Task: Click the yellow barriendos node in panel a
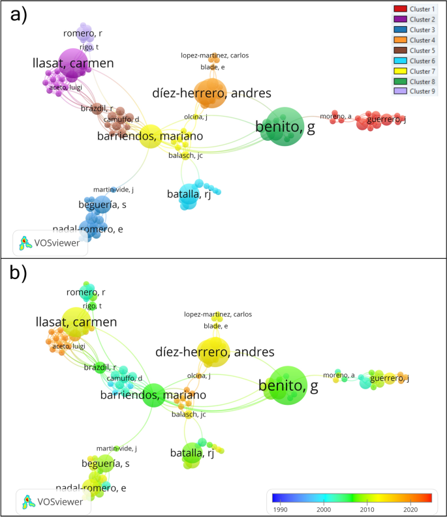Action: pyautogui.click(x=150, y=136)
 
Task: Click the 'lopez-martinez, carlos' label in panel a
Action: pyautogui.click(x=215, y=55)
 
